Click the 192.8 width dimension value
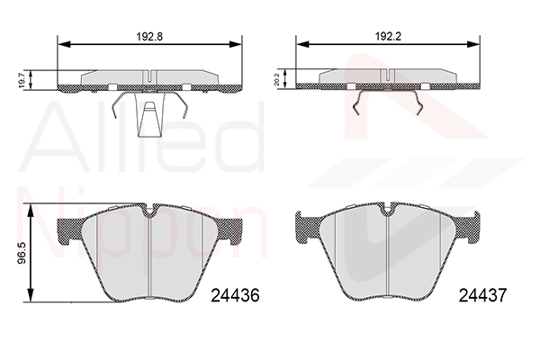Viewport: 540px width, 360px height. point(149,36)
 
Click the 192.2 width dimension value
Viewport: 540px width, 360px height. point(388,36)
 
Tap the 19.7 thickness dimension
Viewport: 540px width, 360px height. point(22,80)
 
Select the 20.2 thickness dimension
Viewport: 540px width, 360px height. point(276,79)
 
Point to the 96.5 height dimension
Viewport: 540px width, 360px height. point(22,253)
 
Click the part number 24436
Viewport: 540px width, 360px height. point(235,295)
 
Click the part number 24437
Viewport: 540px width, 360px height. point(482,295)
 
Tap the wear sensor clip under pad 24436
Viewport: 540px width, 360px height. point(149,114)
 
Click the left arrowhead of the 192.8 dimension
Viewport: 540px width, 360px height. point(64,44)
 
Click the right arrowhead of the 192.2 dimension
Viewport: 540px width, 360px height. point(472,44)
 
